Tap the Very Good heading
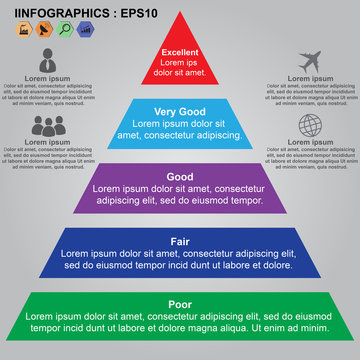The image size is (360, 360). (180, 112)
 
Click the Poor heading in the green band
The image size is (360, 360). (180, 305)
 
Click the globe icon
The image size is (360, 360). (310, 126)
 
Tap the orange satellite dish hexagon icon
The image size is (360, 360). (44, 29)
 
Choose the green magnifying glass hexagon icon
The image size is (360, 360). (65, 29)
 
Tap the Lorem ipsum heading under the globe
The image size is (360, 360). (311, 143)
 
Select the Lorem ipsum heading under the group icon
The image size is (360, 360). (47, 143)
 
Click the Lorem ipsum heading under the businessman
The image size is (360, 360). (47, 78)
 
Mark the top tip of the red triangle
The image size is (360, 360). (180, 14)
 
